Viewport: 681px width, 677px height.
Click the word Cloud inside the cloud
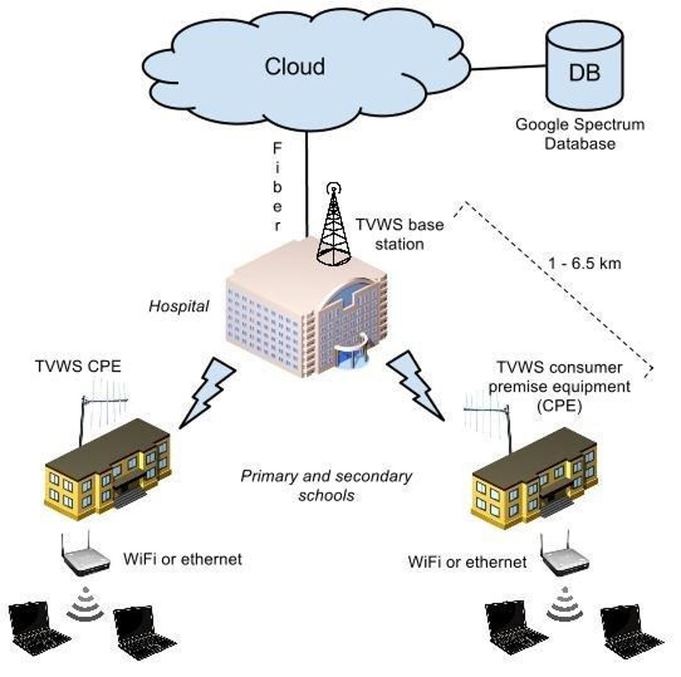pos(295,66)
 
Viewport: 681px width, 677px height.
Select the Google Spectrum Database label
pos(579,134)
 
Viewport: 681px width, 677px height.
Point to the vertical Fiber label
pos(278,187)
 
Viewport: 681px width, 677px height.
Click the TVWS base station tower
pos(334,227)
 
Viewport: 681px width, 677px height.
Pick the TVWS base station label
pos(399,234)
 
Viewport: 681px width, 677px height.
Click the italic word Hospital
pos(179,306)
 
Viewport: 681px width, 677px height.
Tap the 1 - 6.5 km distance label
pos(585,263)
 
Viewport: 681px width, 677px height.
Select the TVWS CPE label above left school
pos(78,367)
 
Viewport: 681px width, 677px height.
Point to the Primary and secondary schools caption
pos(326,485)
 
